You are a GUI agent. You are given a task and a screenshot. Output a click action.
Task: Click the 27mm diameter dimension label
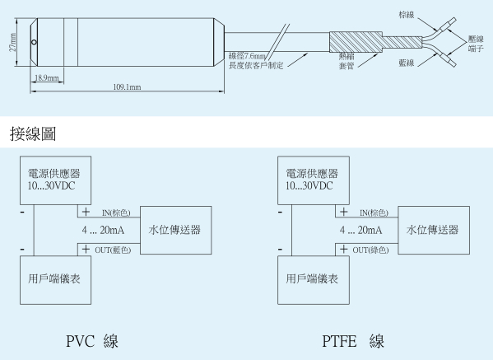pos(12,42)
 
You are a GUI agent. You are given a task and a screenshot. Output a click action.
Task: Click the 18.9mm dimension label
pos(47,77)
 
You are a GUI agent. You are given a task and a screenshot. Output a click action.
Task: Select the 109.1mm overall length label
pos(127,86)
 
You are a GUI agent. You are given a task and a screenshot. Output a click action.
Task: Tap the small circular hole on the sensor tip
pos(34,42)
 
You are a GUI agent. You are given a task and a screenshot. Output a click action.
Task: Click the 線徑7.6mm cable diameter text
pos(247,56)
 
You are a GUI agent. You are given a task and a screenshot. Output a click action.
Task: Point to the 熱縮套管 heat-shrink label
pos(346,61)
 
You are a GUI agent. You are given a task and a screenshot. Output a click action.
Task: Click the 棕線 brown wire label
pos(407,15)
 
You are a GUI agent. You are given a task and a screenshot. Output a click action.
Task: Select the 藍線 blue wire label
pos(407,63)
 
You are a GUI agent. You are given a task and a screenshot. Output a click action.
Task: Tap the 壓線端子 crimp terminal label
pos(476,44)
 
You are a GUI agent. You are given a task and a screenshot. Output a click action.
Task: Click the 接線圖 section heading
pos(33,133)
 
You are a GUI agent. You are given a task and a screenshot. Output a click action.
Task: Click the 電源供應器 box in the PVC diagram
pos(56,180)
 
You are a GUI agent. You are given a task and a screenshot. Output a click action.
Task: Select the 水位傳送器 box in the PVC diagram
pos(176,230)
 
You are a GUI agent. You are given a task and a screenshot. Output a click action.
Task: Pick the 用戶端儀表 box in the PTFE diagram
pos(314,280)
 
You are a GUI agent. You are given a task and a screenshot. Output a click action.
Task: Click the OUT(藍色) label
pos(113,250)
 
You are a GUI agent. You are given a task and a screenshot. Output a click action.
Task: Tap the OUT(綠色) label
pos(370,250)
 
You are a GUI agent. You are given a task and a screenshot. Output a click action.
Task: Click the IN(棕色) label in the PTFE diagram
pos(374,213)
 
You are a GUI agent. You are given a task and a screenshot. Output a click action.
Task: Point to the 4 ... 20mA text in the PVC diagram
pos(103,231)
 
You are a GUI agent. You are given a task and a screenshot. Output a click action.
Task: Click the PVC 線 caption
pos(92,341)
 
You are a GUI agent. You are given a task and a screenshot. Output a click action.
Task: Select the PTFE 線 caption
pos(353,341)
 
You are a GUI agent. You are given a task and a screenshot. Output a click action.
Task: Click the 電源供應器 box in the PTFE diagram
pos(314,180)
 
